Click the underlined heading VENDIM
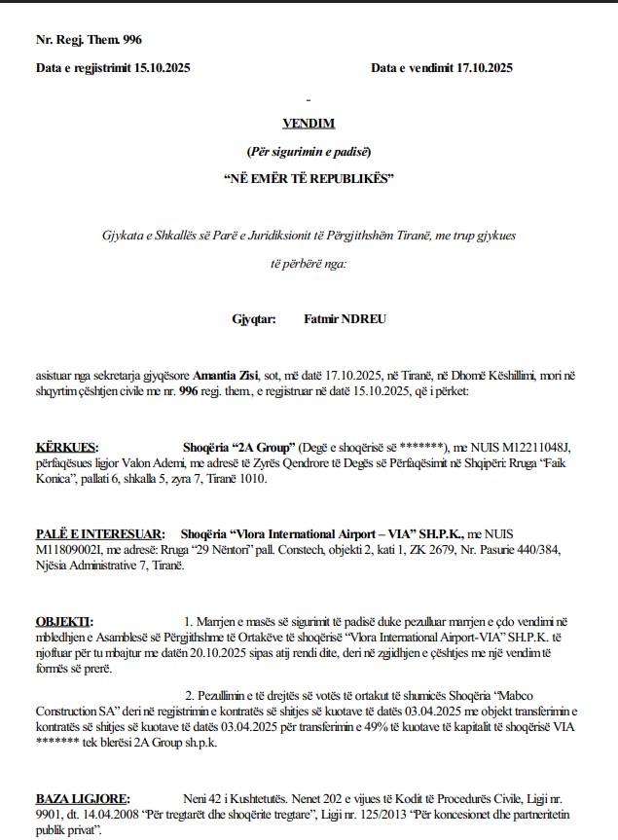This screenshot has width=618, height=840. (308, 124)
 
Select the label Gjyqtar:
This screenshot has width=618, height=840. (254, 318)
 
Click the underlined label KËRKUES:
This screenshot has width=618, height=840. (67, 446)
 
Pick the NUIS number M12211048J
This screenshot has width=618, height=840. (535, 446)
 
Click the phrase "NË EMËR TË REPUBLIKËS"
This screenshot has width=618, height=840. (308, 178)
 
